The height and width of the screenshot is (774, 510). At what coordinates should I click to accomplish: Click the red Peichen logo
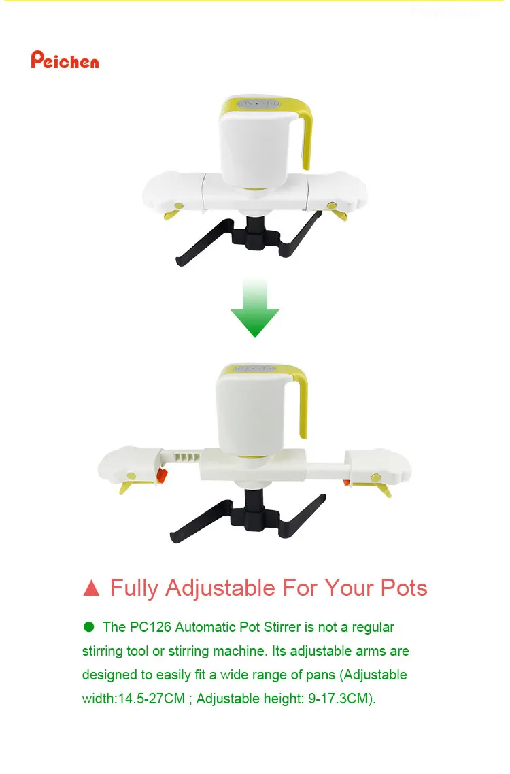(x=65, y=61)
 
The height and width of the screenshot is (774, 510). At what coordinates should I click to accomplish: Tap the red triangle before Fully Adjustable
(x=91, y=588)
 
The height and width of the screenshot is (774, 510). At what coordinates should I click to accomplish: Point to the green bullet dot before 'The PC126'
(x=88, y=626)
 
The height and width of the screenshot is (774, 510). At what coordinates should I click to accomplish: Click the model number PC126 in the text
(x=148, y=627)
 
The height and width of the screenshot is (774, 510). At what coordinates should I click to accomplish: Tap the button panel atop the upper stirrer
(x=257, y=104)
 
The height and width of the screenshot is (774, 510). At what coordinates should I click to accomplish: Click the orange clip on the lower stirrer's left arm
(x=162, y=475)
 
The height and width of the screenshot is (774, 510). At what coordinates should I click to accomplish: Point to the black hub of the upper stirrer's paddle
(x=256, y=235)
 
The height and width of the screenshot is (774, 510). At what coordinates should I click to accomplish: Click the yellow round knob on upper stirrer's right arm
(x=332, y=205)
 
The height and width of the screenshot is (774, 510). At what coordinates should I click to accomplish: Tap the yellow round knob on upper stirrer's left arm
(x=179, y=205)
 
